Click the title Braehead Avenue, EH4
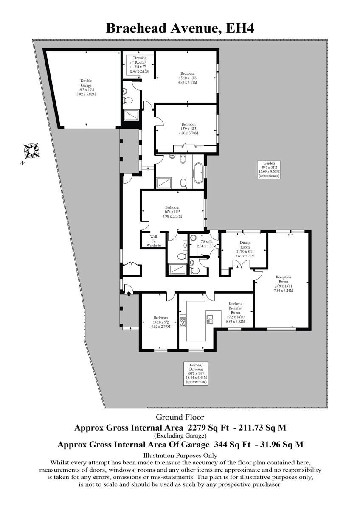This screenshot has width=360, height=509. tap(180, 28)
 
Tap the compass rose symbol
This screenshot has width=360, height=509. tap(31, 150)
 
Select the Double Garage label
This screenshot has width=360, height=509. tap(86, 87)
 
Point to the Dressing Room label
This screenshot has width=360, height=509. tap(140, 64)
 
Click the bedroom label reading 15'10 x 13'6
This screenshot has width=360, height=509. tap(187, 78)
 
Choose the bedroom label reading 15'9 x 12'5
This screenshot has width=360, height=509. tap(187, 129)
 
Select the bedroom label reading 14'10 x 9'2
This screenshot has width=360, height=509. tap(161, 322)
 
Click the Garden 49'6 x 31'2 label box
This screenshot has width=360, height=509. tap(269, 169)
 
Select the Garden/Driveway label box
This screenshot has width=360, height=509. tap(196, 373)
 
